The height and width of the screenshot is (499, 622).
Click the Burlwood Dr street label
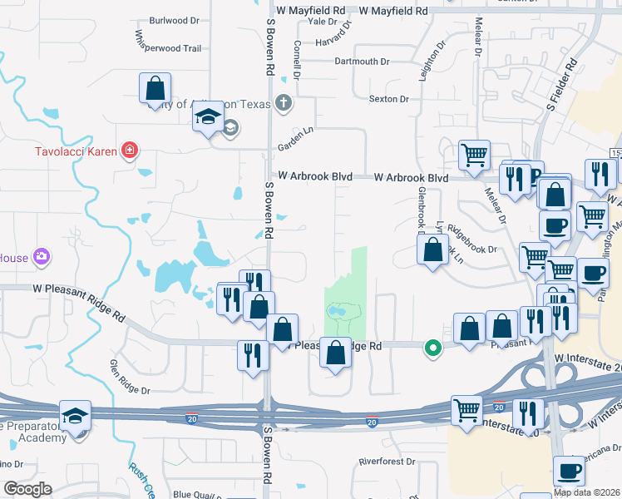(179, 20)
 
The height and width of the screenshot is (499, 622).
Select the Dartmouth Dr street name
(362, 62)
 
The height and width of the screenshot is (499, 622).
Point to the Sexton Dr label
(389, 99)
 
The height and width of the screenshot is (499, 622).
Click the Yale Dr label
(321, 21)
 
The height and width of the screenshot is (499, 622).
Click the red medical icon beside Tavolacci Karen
(129, 151)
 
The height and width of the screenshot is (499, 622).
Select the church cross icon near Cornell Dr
(284, 103)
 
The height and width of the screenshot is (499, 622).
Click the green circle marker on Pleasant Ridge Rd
(432, 348)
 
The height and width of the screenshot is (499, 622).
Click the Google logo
(27, 489)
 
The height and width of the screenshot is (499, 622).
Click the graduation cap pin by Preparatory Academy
(75, 416)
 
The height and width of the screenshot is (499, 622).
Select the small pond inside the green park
(338, 312)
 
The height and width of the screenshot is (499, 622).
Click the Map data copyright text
(585, 492)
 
